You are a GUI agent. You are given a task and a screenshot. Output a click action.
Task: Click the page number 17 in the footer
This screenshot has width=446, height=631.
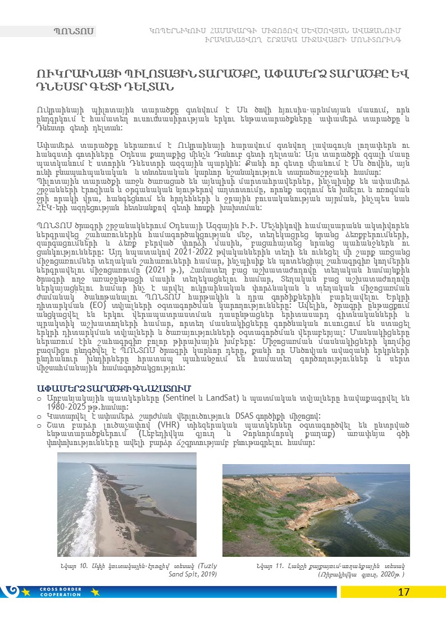(x=403, y=592)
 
